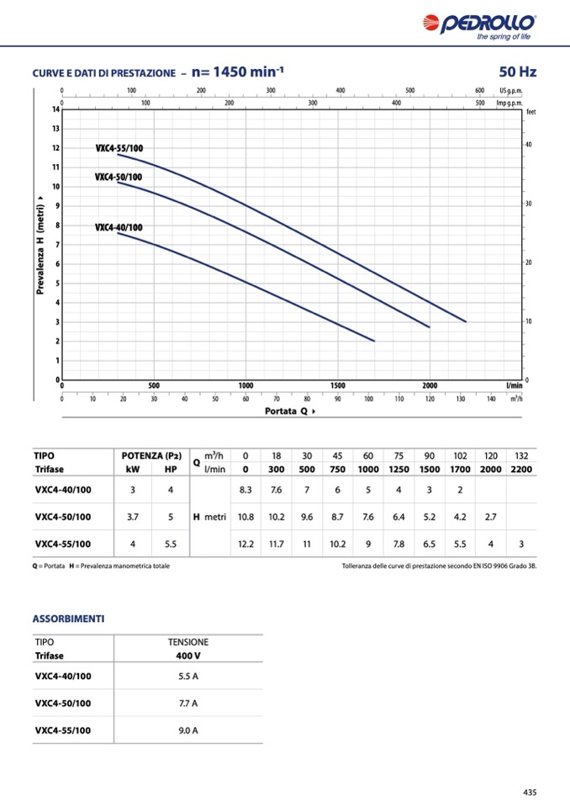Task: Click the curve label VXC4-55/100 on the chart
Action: pos(119,149)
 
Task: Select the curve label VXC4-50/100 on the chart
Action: pos(119,178)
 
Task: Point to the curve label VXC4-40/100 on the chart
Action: pos(119,228)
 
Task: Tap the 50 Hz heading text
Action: pos(517,72)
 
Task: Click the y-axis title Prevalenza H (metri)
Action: pos(40,245)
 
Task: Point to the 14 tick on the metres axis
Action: pos(55,109)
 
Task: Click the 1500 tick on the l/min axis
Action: pos(337,385)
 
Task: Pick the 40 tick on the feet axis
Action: pos(528,146)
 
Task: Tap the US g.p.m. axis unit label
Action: pos(510,90)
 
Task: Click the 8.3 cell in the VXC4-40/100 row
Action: pos(245,490)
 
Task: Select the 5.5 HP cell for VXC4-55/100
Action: pos(171,544)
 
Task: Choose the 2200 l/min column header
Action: pos(521,470)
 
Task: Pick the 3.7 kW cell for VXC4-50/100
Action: pos(133,517)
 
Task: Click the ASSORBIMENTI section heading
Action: pos(68,619)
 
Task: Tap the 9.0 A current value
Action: pos(188,730)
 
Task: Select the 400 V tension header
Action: pos(188,655)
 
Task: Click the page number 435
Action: pos(529,792)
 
